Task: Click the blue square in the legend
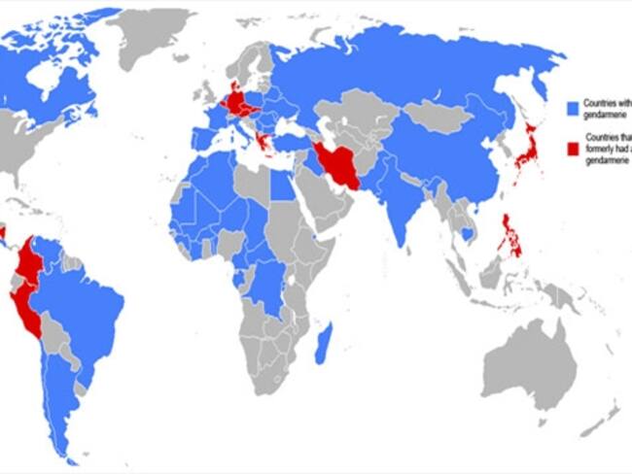click(574, 104)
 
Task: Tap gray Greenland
click(156, 34)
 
